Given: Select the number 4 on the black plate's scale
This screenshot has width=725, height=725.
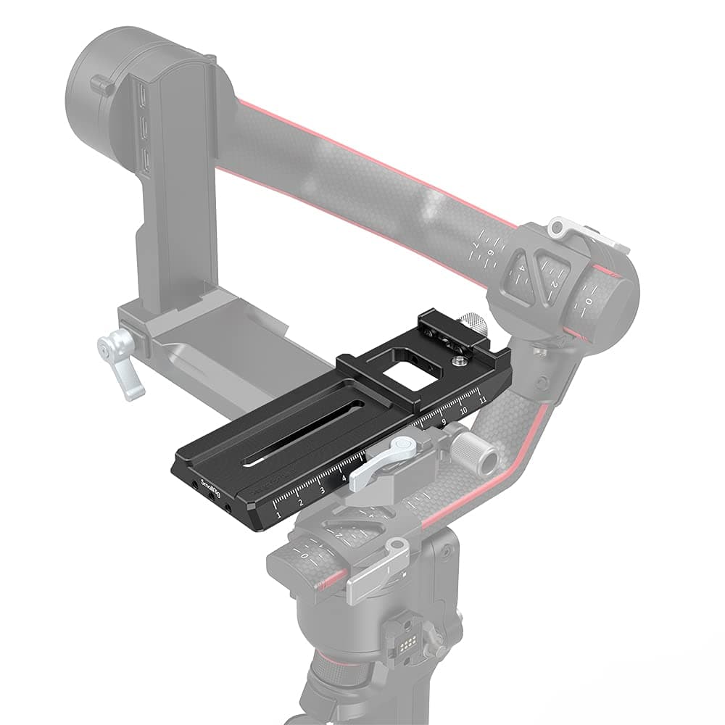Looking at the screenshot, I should click(344, 478).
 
